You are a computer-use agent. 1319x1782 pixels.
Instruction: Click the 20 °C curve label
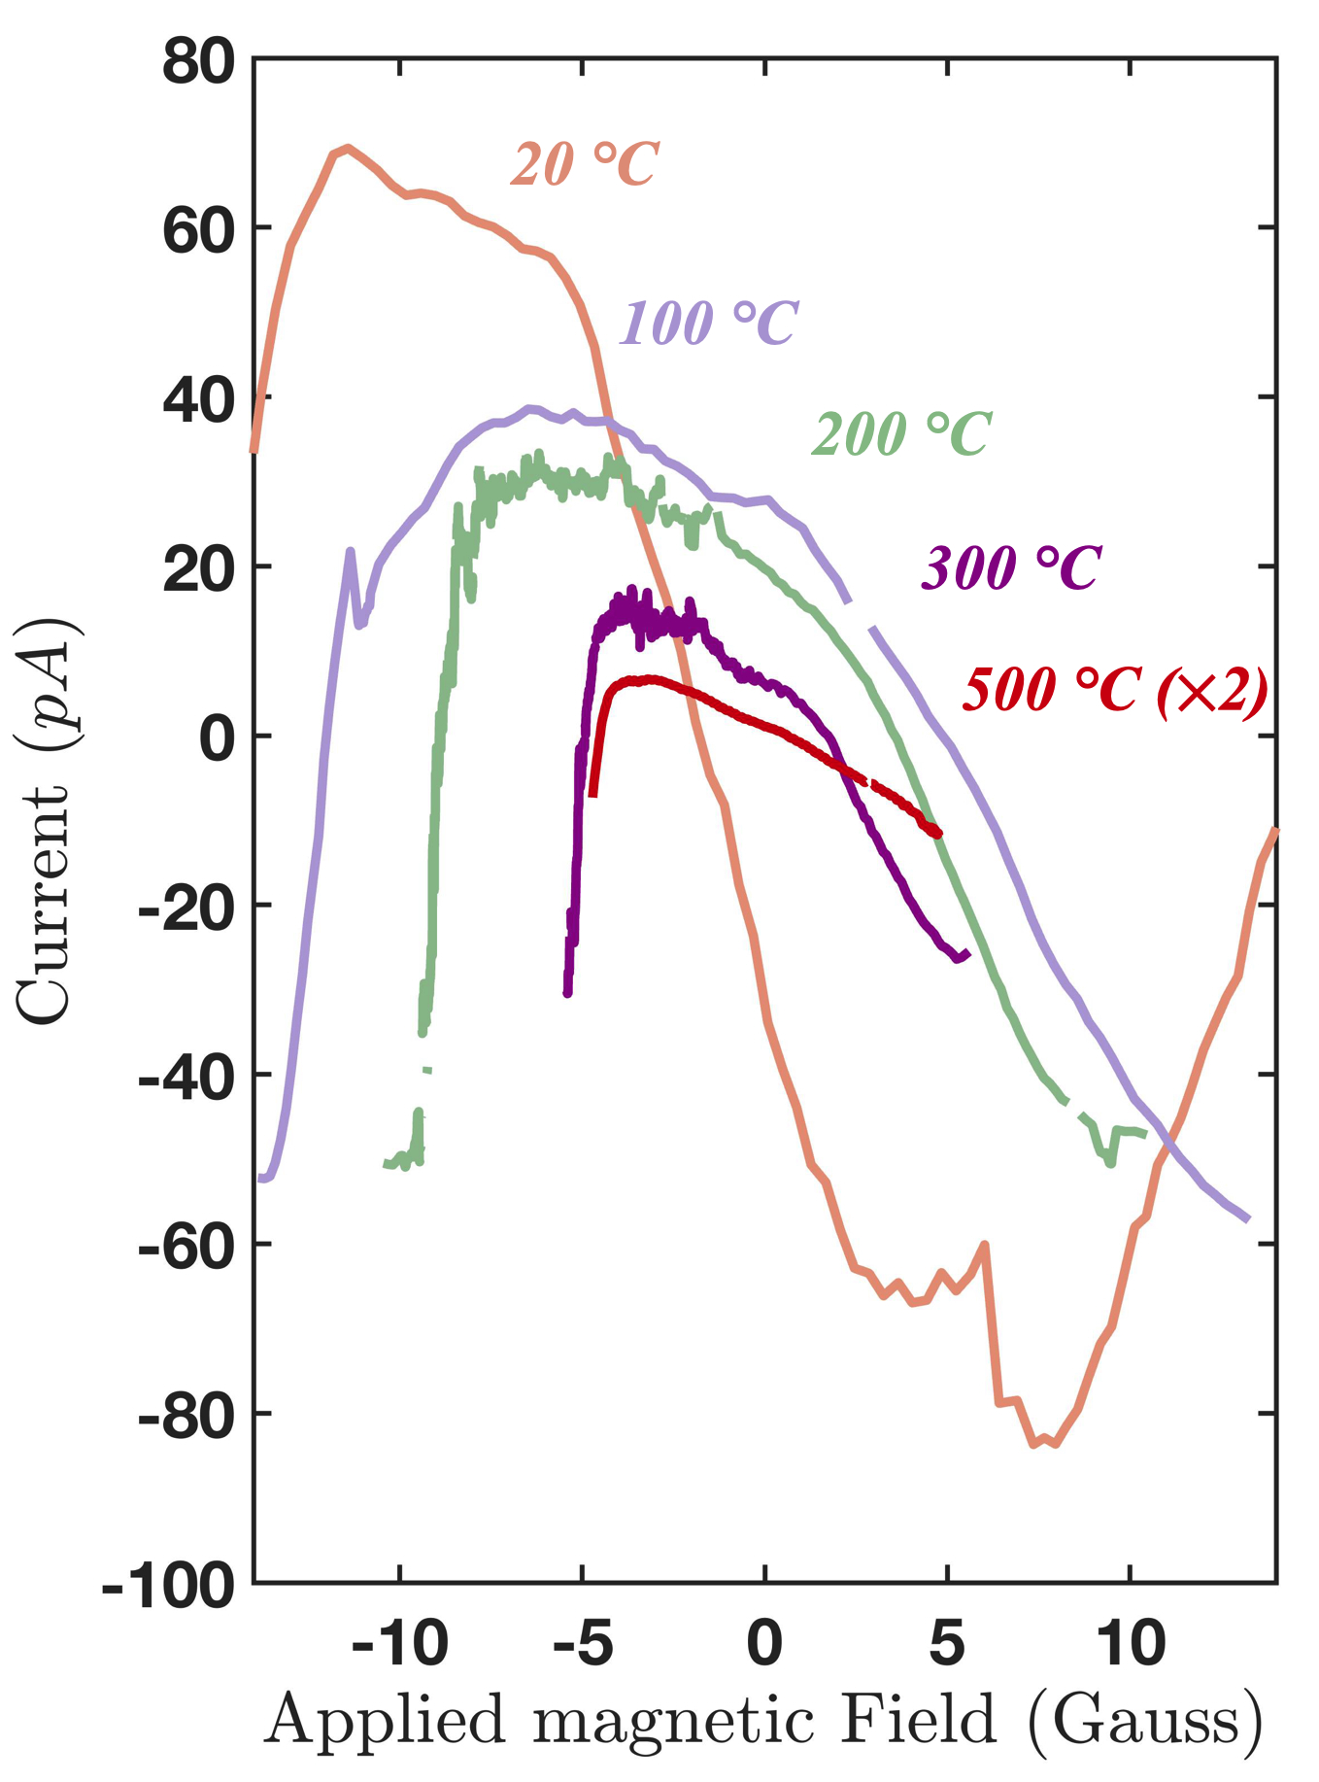pyautogui.click(x=585, y=163)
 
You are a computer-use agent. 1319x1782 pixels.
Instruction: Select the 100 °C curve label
pyautogui.click(x=708, y=323)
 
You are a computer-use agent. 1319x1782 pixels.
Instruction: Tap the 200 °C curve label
pyautogui.click(x=901, y=433)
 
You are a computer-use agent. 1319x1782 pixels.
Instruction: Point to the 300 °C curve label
pyautogui.click(x=1011, y=567)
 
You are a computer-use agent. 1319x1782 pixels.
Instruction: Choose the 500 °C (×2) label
pyautogui.click(x=1115, y=691)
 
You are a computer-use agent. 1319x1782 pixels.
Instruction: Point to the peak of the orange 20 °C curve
pyautogui.click(x=348, y=148)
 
